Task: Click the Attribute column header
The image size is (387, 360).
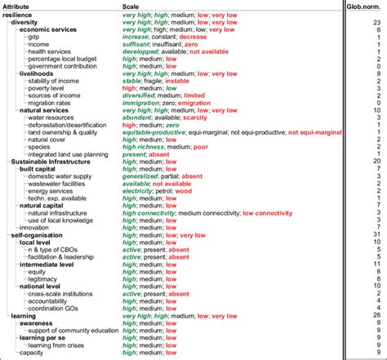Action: [x=17, y=5]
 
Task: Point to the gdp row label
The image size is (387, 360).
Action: [x=33, y=36]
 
